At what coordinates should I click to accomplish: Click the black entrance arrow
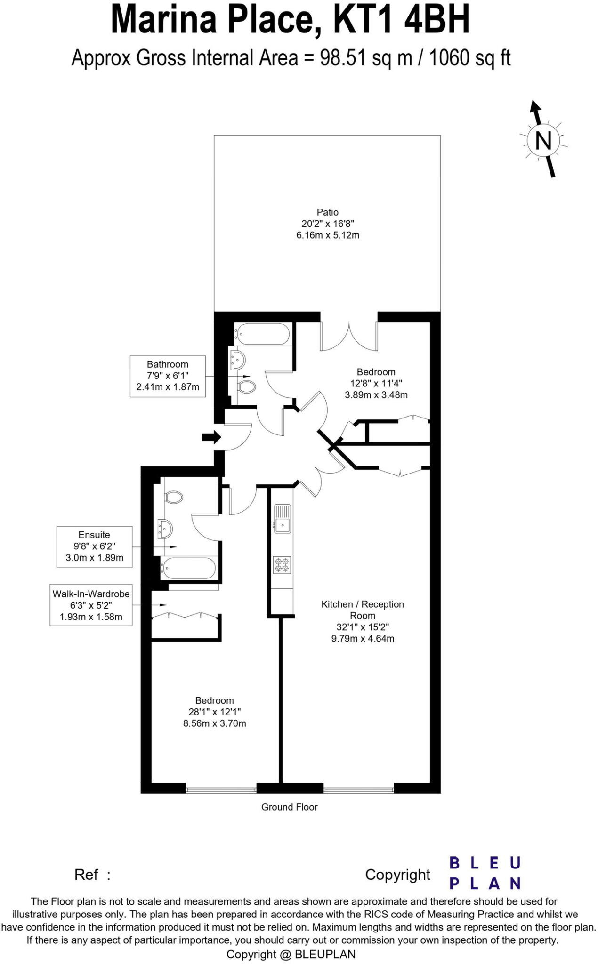click(x=211, y=437)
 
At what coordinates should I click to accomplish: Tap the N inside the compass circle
click(x=543, y=140)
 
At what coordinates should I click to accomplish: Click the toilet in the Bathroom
click(x=246, y=387)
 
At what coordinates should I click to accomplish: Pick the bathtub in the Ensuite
click(x=189, y=568)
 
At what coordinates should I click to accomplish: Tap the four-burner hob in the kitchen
click(x=282, y=565)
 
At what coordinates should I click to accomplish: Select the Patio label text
click(x=327, y=212)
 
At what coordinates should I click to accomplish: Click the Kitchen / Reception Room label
click(x=362, y=610)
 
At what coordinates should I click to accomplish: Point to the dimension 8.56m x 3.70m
click(x=214, y=723)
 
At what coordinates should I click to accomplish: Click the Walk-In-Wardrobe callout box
click(x=91, y=605)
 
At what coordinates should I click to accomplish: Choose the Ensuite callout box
click(x=94, y=546)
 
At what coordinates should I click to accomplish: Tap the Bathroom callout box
click(x=168, y=376)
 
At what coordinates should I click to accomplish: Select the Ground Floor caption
click(x=289, y=807)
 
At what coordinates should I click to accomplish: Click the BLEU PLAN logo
click(x=485, y=873)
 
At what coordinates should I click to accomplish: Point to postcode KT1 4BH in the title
click(x=401, y=20)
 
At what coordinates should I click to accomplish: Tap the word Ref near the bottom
click(x=86, y=875)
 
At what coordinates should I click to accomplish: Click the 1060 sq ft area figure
click(x=469, y=58)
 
